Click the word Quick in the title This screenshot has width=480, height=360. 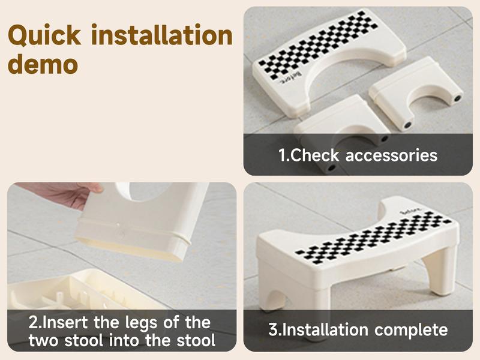(x=46, y=35)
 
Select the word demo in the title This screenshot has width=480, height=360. (x=43, y=64)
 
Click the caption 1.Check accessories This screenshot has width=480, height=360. (x=358, y=155)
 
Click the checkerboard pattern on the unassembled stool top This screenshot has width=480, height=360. (x=318, y=45)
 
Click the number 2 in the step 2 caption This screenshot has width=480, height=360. (x=33, y=322)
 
